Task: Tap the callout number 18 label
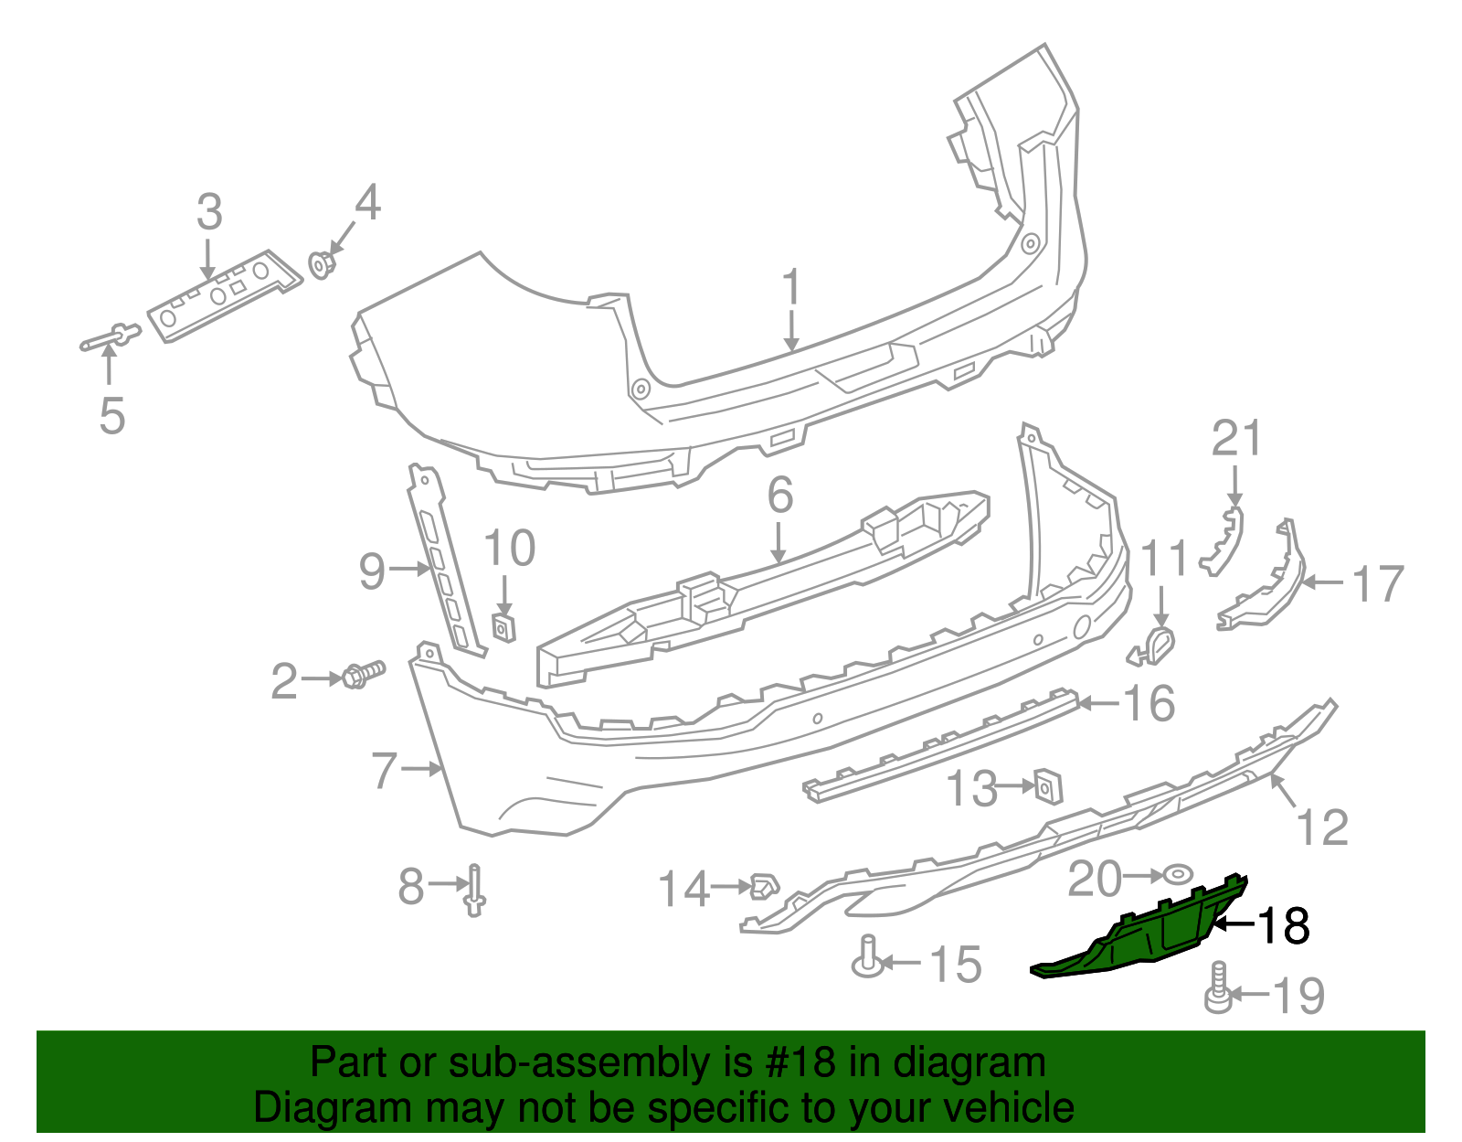(x=1285, y=925)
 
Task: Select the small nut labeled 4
(x=321, y=264)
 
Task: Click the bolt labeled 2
(x=361, y=676)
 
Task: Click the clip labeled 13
(x=1046, y=784)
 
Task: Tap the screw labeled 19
(x=1217, y=989)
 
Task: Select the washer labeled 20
(x=1177, y=875)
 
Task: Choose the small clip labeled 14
(x=763, y=885)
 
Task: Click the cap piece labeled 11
(x=1155, y=646)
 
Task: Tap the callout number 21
(x=1236, y=439)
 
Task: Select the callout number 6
(x=779, y=495)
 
